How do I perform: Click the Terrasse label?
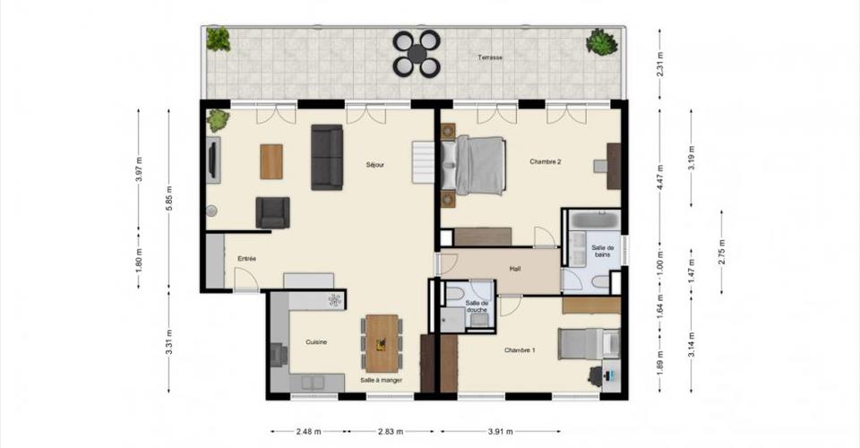pyautogui.click(x=490, y=57)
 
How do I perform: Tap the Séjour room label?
pyautogui.click(x=375, y=165)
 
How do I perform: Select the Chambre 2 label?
pyautogui.click(x=546, y=162)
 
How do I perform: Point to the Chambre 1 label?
pyautogui.click(x=520, y=349)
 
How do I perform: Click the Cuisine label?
pyautogui.click(x=316, y=342)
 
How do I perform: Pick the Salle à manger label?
pyautogui.click(x=382, y=380)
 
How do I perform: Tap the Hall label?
pyautogui.click(x=515, y=269)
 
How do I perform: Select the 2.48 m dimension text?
pyautogui.click(x=309, y=432)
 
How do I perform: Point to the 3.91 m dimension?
pyautogui.click(x=500, y=432)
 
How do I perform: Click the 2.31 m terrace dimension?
pyautogui.click(x=660, y=64)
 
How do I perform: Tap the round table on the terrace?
pyautogui.click(x=417, y=54)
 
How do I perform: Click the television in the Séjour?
pyautogui.click(x=213, y=159)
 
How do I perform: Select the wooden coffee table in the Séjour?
pyautogui.click(x=271, y=161)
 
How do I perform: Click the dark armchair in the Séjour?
pyautogui.click(x=272, y=212)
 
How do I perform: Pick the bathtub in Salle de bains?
pyautogui.click(x=595, y=220)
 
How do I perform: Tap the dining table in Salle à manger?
pyautogui.click(x=383, y=344)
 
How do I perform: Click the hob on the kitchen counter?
pyautogui.click(x=334, y=300)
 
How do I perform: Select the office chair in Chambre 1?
pyautogui.click(x=597, y=376)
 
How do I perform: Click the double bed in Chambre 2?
pyautogui.click(x=473, y=166)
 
